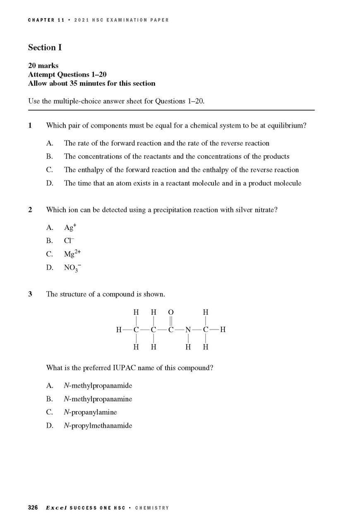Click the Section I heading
45,48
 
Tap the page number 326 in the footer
33,508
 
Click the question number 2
30,210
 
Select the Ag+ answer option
70,227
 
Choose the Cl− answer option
69,241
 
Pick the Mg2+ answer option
72,254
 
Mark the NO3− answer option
72,268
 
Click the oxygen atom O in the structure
171,312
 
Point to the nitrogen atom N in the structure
188,330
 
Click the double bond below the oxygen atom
171,321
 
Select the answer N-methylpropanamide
98,386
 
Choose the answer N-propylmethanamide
98,426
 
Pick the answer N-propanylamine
90,412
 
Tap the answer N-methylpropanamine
98,399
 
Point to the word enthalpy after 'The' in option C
91,170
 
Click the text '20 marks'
43,65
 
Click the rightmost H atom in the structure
223,330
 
